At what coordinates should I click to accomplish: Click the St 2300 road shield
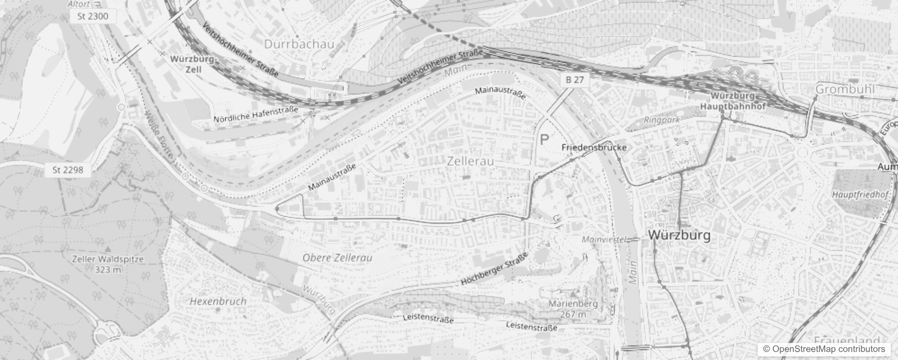pyautogui.click(x=89, y=17)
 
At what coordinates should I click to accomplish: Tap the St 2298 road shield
pyautogui.click(x=67, y=170)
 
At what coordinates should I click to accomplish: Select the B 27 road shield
pyautogui.click(x=575, y=80)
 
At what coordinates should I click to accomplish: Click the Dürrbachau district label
pyautogui.click(x=299, y=44)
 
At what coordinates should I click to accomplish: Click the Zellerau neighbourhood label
pyautogui.click(x=471, y=161)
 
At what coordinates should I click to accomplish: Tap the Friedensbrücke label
pyautogui.click(x=594, y=147)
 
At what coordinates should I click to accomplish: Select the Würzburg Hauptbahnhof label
pyautogui.click(x=733, y=101)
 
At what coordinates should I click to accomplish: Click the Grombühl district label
pyautogui.click(x=845, y=89)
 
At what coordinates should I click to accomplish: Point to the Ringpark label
pyautogui.click(x=662, y=120)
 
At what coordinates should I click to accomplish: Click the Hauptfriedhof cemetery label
pyautogui.click(x=860, y=195)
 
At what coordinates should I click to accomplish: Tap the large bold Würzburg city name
pyautogui.click(x=679, y=235)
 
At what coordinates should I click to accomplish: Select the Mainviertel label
pyautogui.click(x=603, y=239)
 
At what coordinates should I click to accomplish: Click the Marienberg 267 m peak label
pyautogui.click(x=573, y=309)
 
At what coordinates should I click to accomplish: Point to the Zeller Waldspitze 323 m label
pyautogui.click(x=108, y=264)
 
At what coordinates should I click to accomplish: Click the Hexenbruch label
pyautogui.click(x=218, y=301)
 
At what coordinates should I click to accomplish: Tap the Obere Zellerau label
pyautogui.click(x=337, y=258)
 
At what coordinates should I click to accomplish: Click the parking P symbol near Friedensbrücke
pyautogui.click(x=544, y=139)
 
